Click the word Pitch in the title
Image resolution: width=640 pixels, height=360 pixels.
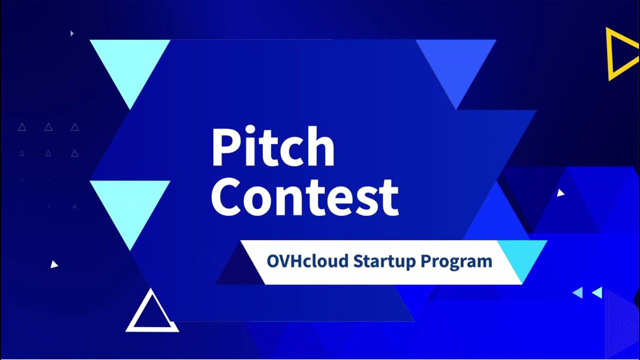(x=272, y=148)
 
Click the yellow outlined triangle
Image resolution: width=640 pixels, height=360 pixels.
(x=620, y=53)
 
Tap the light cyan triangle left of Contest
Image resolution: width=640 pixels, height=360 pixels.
(x=130, y=205)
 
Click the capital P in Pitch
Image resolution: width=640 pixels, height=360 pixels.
(x=224, y=148)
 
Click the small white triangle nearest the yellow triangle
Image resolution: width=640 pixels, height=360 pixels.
(x=560, y=192)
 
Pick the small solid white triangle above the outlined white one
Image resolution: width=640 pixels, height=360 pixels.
(x=54, y=264)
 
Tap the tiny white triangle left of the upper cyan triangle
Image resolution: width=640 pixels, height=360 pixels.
(x=72, y=33)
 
